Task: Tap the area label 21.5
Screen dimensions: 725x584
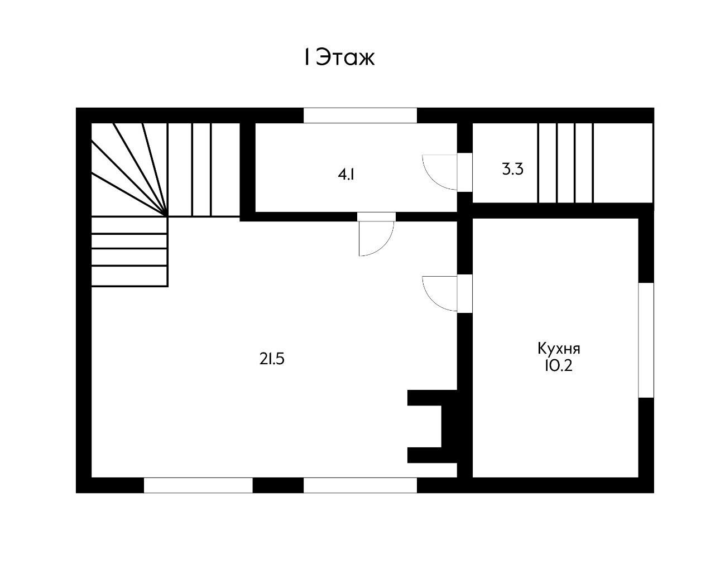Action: tap(272, 359)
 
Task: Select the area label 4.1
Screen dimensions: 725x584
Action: tap(346, 175)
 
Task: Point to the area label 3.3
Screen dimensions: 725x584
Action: tap(513, 169)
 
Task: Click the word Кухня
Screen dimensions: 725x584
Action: tap(559, 349)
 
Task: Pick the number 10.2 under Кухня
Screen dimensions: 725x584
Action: tap(558, 366)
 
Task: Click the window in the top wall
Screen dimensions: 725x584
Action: tap(360, 115)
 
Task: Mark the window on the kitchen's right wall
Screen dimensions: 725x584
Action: tap(646, 340)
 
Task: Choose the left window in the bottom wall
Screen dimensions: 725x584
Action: tap(198, 485)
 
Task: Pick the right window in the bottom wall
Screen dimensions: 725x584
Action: tap(360, 485)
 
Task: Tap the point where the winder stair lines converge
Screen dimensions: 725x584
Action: tap(167, 215)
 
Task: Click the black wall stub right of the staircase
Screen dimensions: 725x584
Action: tap(247, 172)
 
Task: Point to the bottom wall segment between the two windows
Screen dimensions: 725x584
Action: tap(278, 485)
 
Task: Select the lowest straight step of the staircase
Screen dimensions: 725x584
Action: tap(129, 277)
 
